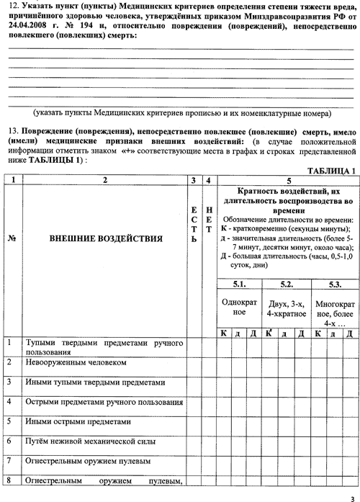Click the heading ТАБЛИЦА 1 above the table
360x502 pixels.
(x=331, y=171)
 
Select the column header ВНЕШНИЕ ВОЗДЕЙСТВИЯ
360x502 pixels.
(x=106, y=238)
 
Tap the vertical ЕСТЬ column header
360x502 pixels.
(x=194, y=225)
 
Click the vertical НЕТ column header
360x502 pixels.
(x=209, y=220)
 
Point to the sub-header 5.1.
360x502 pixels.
(x=239, y=284)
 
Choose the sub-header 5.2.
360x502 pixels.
(x=287, y=284)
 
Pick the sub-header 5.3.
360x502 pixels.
(x=335, y=284)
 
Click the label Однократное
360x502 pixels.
(x=239, y=307)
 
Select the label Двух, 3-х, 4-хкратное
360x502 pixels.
(x=287, y=309)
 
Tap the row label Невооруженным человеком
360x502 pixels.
(x=76, y=362)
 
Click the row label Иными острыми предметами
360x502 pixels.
(x=78, y=421)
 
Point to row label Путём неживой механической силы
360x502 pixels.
(x=91, y=442)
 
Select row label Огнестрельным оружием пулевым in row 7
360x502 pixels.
(x=88, y=462)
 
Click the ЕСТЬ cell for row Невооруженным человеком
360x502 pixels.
(x=195, y=367)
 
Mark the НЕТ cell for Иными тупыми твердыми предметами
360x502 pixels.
(x=210, y=387)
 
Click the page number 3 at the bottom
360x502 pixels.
(x=353, y=499)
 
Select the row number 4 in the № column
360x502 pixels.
(x=9, y=401)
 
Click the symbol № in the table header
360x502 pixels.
(x=12, y=239)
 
